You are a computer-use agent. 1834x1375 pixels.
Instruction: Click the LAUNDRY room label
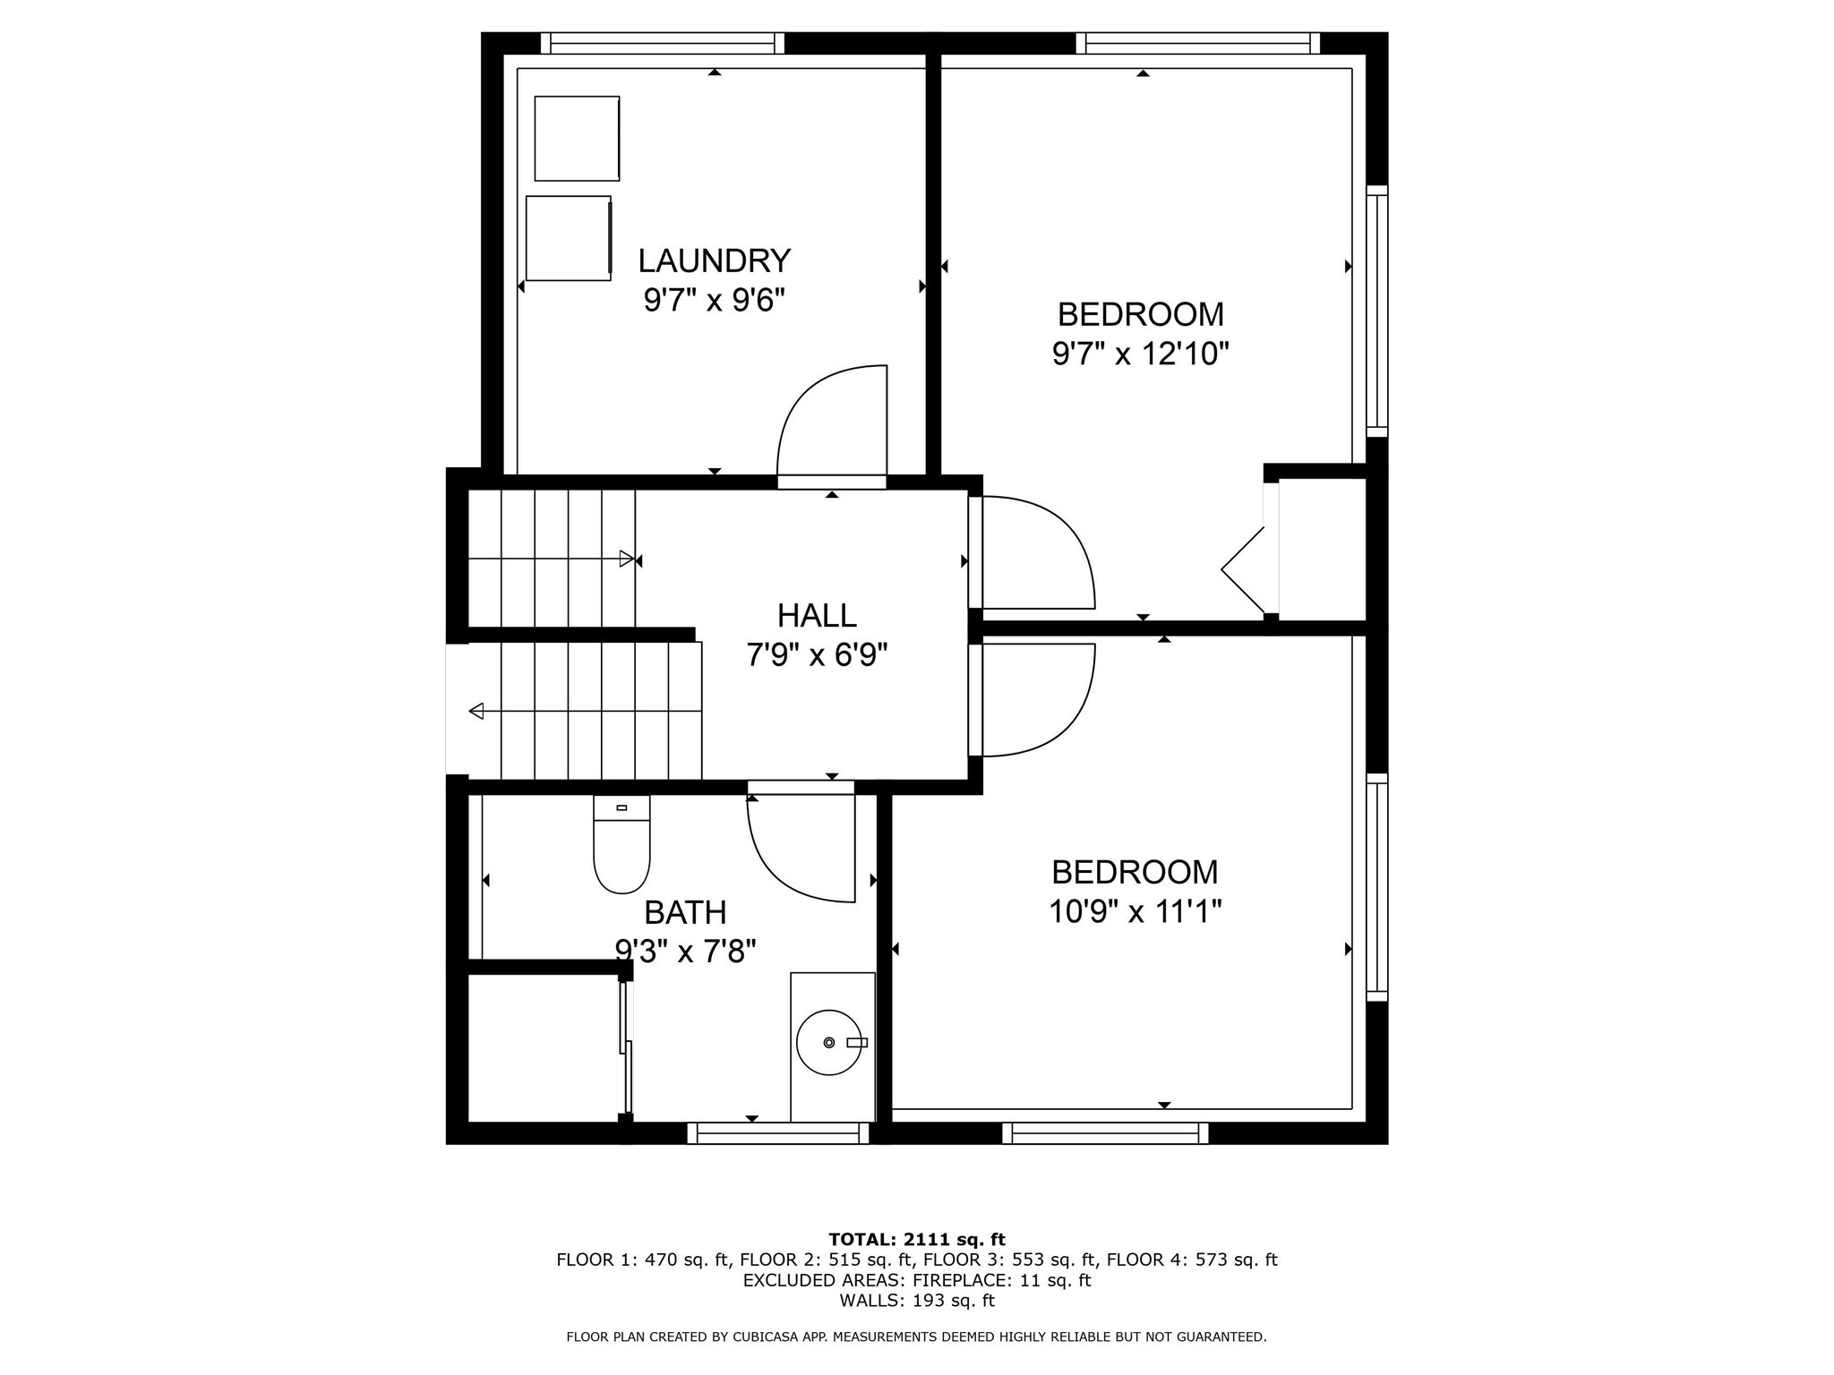pos(714,260)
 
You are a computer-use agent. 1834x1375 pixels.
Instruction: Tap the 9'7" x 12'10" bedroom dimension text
pos(1140,354)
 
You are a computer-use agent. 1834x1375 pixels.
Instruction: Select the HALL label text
pos(816,616)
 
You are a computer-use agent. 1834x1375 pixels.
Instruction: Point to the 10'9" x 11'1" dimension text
pos(1135,912)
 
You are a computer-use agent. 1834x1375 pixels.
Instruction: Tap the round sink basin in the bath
pos(828,1042)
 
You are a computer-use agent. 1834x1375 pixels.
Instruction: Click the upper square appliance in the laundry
pos(577,139)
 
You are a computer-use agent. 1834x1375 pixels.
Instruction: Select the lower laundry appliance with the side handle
pos(569,238)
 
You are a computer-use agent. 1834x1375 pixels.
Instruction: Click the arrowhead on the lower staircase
pos(476,711)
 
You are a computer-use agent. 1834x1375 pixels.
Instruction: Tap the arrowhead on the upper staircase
pos(626,559)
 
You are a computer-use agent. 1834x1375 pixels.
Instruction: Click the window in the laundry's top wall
pos(662,43)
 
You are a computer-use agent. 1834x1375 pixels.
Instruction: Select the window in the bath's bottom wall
pos(777,1133)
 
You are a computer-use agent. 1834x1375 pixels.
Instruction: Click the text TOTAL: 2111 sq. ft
pos(916,1239)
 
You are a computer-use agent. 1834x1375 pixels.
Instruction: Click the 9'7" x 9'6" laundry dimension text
pos(714,300)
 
